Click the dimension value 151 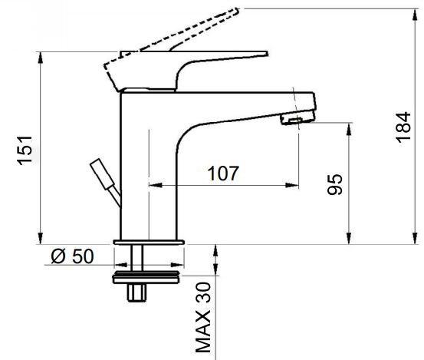coord(25,150)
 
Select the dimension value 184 coord(403,127)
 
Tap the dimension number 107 coord(223,173)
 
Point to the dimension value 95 coord(335,184)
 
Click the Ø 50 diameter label coord(73,256)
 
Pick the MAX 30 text coord(203,317)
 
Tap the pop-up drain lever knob coord(102,173)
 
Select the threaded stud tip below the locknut coord(136,292)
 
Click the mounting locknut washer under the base coord(146,277)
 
